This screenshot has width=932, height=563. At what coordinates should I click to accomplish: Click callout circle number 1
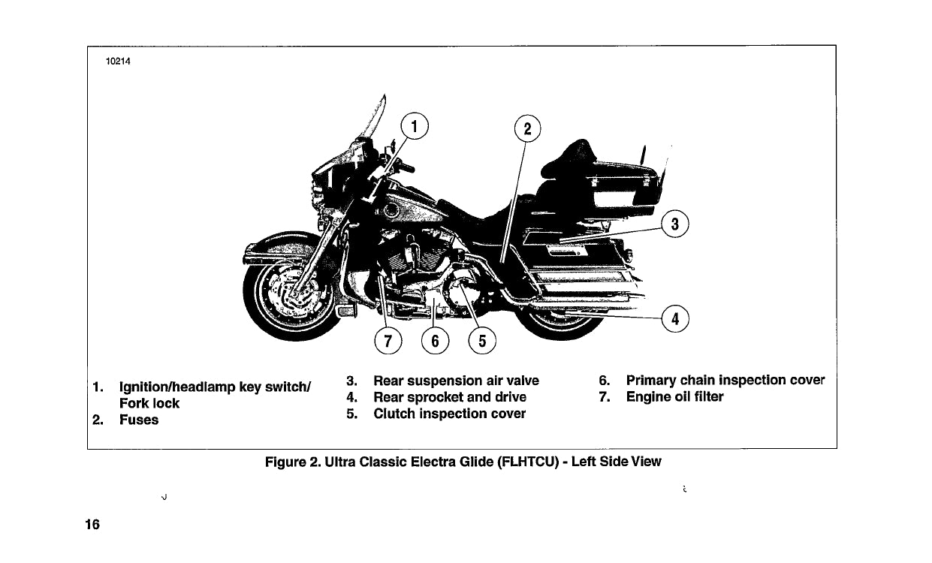click(x=414, y=125)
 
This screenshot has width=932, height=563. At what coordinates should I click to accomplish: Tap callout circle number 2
click(x=527, y=129)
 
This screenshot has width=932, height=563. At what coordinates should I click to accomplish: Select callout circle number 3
click(x=675, y=223)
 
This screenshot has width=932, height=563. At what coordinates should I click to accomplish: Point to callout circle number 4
click(x=675, y=319)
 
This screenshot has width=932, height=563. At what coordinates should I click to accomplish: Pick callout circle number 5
click(x=482, y=342)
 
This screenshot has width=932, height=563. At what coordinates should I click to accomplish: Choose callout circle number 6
click(x=435, y=342)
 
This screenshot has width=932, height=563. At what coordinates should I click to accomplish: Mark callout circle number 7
click(x=388, y=342)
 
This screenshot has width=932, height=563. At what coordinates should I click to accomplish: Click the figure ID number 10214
click(x=118, y=62)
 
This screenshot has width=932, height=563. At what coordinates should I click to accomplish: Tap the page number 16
click(x=93, y=524)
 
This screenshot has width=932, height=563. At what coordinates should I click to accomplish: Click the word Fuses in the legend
click(x=139, y=420)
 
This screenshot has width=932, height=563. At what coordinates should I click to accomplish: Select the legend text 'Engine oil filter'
click(x=674, y=396)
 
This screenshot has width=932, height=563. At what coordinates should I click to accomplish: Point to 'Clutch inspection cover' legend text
click(x=449, y=414)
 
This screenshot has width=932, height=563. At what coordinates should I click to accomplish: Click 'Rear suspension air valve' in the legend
click(x=456, y=381)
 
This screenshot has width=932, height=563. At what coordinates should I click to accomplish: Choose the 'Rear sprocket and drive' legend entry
click(x=449, y=397)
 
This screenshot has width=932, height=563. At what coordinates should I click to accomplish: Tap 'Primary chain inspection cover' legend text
click(x=725, y=380)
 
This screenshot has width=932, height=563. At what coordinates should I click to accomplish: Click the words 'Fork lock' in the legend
click(x=149, y=403)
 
